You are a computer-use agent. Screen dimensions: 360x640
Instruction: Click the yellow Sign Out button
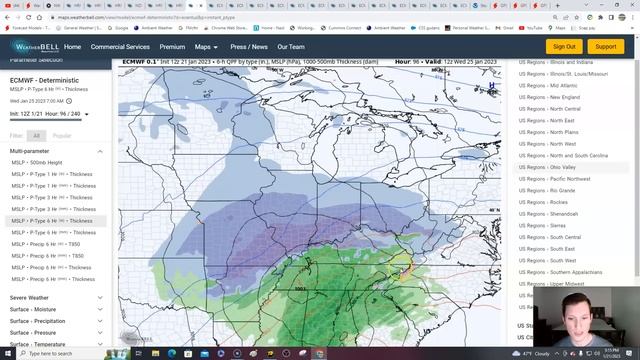click(564, 46)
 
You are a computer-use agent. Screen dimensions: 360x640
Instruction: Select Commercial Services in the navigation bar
click(120, 47)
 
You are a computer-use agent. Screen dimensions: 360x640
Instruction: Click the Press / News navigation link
click(249, 47)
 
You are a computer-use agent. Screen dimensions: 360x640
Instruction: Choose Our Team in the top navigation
click(291, 47)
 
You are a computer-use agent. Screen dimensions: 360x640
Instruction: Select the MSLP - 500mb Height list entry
click(37, 162)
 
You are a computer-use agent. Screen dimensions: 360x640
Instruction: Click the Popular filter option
click(62, 135)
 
